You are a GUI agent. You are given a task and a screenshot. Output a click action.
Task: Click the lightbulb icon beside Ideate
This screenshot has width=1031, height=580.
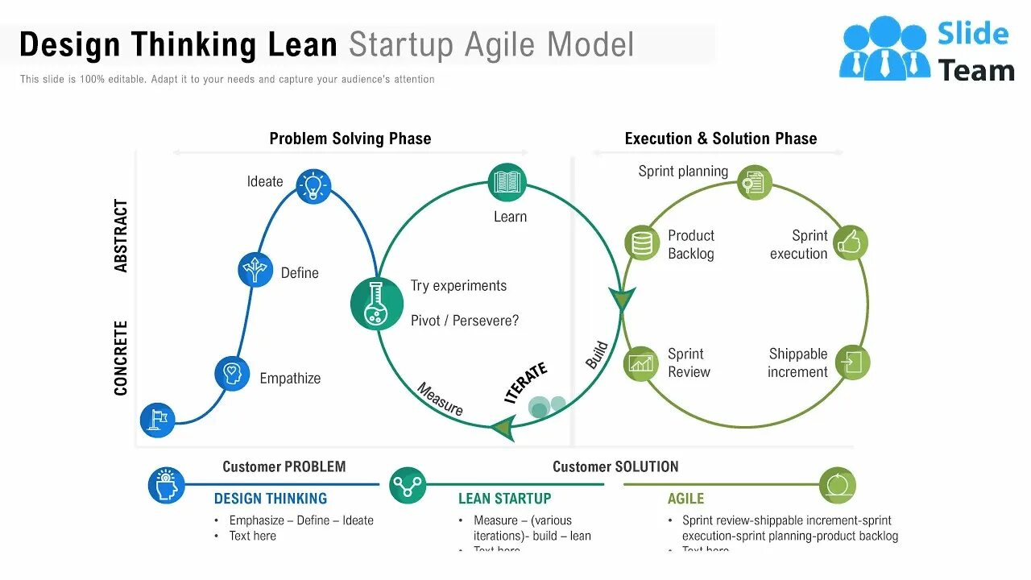[313, 186]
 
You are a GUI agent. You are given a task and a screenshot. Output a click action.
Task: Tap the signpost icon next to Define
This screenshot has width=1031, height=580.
[255, 270]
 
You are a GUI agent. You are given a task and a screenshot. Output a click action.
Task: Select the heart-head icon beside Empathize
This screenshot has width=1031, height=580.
[232, 374]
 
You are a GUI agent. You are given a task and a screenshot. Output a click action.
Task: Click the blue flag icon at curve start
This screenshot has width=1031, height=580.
[158, 420]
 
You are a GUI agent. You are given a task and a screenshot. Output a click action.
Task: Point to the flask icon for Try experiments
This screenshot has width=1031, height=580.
[376, 304]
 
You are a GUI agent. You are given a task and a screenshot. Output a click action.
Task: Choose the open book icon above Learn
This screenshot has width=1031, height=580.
[507, 182]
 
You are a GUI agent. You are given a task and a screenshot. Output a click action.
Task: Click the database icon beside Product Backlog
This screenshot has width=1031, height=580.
[642, 242]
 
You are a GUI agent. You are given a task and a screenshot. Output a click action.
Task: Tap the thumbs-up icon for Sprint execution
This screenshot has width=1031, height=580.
[851, 242]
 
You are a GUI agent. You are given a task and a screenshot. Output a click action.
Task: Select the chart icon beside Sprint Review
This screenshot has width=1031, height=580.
[642, 363]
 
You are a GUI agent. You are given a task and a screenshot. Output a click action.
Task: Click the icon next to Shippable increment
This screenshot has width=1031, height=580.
[852, 362]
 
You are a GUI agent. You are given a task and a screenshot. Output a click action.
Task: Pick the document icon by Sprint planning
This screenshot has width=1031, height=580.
[754, 183]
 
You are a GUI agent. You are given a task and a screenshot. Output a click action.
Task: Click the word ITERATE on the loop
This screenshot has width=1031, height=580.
[526, 382]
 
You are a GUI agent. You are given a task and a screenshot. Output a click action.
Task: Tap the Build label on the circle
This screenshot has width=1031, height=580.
[597, 355]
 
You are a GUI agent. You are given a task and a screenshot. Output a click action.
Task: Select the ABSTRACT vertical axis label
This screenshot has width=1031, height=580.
[122, 236]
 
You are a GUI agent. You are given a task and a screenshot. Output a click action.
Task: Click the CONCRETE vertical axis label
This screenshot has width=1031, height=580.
[122, 358]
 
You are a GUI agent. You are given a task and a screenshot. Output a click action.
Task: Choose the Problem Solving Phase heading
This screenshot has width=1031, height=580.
[350, 139]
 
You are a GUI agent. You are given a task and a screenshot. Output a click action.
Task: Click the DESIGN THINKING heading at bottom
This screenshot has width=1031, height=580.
[271, 499]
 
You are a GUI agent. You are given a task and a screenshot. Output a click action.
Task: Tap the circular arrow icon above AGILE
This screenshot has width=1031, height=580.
[838, 486]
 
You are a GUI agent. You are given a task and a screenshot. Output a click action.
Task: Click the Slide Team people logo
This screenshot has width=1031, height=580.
[883, 49]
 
